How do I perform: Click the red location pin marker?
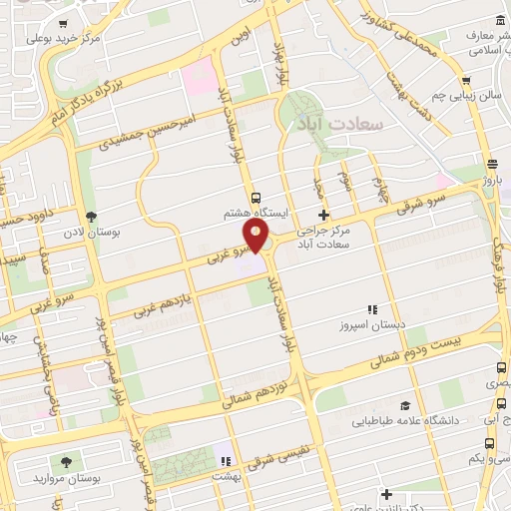pos(256,237)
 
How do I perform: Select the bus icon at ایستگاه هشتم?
pos(255,198)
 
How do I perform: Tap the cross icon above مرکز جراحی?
pos(322,215)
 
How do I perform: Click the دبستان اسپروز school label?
pos(372,325)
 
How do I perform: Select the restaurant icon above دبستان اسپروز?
pos(372,309)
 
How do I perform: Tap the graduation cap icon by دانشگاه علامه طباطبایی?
pos(405,405)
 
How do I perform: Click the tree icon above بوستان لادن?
pos(92,217)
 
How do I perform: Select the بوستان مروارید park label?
pos(66,478)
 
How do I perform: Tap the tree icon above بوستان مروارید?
pos(66,462)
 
